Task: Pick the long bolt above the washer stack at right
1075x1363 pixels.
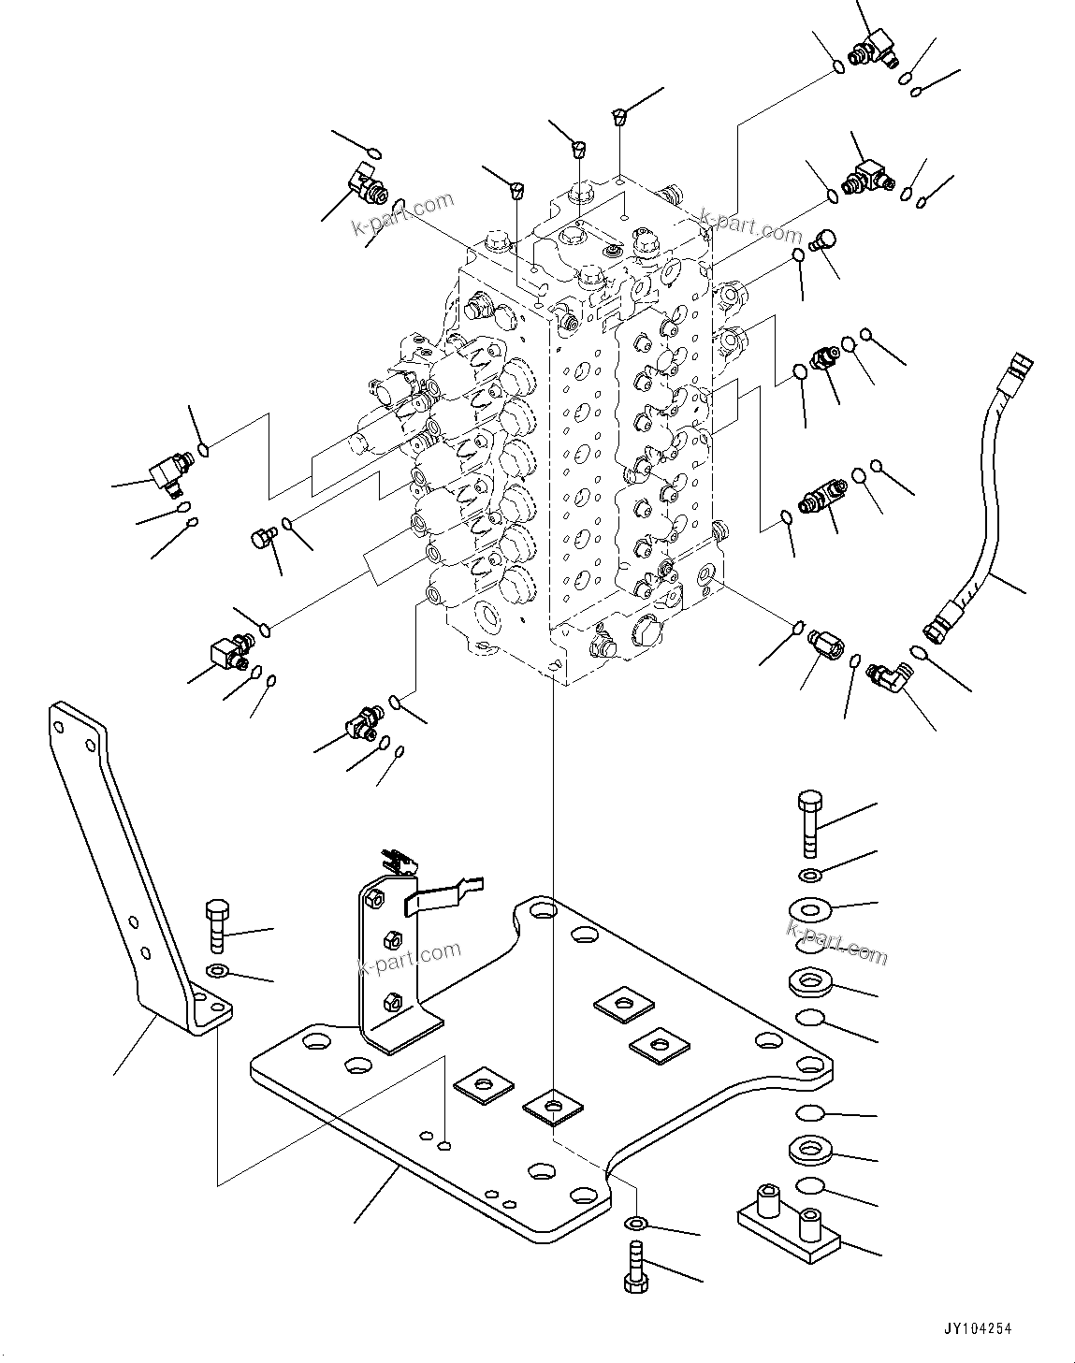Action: [x=809, y=823]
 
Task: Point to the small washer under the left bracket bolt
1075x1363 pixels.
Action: [x=217, y=969]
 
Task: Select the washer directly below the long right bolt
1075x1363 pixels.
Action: [x=808, y=875]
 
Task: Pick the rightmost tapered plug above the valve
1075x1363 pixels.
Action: [x=618, y=117]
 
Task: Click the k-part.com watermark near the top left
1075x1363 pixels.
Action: [x=402, y=214]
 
